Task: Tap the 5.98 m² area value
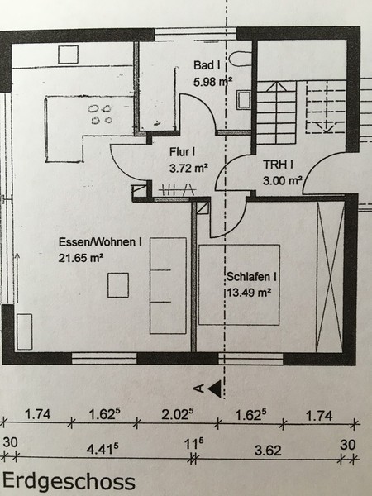pyautogui.click(x=212, y=82)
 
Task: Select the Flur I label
pyautogui.click(x=183, y=152)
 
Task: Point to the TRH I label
pyautogui.click(x=278, y=165)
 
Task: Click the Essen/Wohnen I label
pyautogui.click(x=100, y=242)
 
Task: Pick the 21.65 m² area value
pyautogui.click(x=81, y=258)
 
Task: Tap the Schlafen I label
pyautogui.click(x=251, y=277)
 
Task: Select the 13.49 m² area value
pyautogui.click(x=249, y=293)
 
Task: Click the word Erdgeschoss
pyautogui.click(x=69, y=482)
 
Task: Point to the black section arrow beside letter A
pyautogui.click(x=216, y=389)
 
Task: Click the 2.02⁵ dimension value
pyautogui.click(x=178, y=414)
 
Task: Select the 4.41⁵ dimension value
pyautogui.click(x=103, y=449)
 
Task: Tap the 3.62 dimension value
pyautogui.click(x=268, y=451)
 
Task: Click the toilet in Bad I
pyautogui.click(x=240, y=59)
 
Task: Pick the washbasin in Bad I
pyautogui.click(x=244, y=100)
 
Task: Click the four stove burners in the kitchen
pyautogui.click(x=100, y=114)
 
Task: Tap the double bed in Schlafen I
pyautogui.click(x=239, y=284)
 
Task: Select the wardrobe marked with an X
pyautogui.click(x=330, y=276)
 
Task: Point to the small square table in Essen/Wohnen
pyautogui.click(x=118, y=285)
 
